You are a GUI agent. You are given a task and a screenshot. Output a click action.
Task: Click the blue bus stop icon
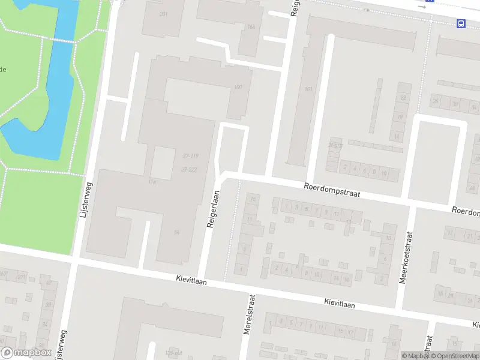point(461,23)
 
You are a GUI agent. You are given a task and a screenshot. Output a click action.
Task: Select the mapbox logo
point(26,353)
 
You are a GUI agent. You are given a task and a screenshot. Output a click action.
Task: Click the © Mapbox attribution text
point(414,356)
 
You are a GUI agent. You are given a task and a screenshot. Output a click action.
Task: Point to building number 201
point(163,14)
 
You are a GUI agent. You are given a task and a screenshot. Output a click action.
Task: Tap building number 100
point(238,88)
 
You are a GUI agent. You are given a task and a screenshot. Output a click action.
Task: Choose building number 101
point(308,89)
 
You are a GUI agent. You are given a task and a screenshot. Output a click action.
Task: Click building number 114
point(152,182)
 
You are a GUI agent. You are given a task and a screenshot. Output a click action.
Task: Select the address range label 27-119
point(190,155)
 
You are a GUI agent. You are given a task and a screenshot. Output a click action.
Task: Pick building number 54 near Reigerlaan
point(176,232)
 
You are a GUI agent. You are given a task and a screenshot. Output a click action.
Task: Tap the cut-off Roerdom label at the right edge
point(466,212)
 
